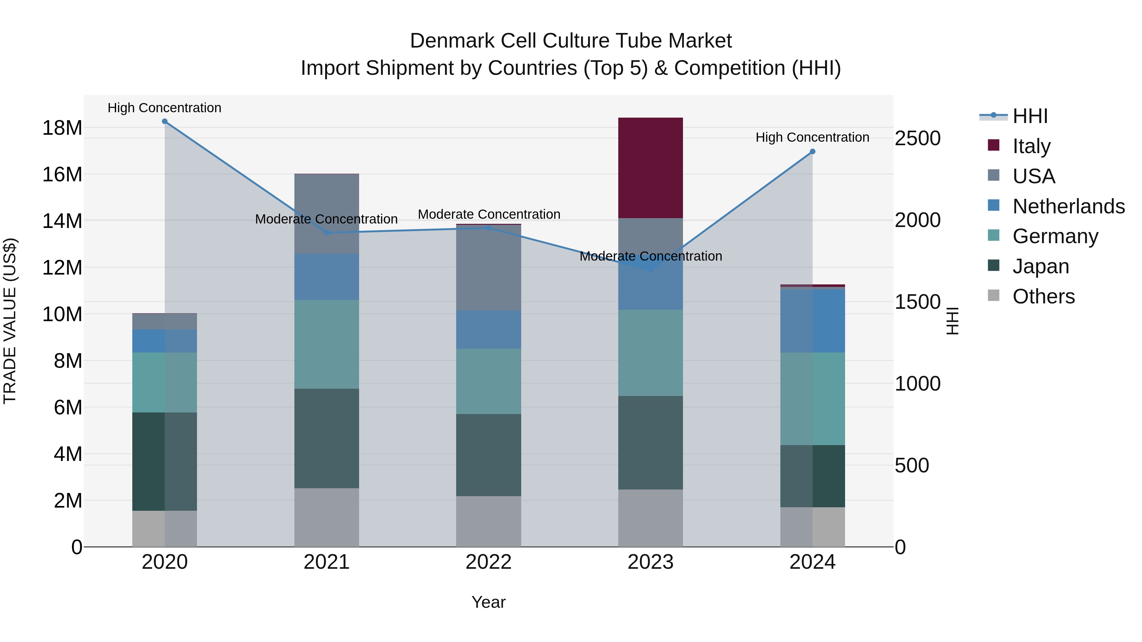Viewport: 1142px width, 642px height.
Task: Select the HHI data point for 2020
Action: tap(164, 121)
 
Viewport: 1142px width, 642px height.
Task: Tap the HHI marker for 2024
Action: tap(812, 152)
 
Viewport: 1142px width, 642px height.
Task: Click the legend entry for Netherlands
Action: tap(1068, 206)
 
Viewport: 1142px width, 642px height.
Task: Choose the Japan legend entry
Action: tap(1040, 266)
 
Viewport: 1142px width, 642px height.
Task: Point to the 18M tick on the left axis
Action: tap(62, 128)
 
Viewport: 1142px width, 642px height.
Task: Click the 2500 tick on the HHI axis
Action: tap(917, 138)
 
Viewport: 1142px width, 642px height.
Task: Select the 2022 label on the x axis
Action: tap(489, 562)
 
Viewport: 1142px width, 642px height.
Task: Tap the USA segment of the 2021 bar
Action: tap(327, 214)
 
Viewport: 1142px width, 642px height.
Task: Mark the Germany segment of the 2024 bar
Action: tap(812, 399)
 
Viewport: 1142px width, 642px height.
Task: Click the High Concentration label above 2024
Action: tap(812, 137)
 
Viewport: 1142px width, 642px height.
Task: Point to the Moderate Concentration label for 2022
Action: tap(489, 214)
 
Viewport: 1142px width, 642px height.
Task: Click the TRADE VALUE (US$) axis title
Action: tap(10, 321)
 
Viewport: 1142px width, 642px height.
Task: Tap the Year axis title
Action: tap(489, 602)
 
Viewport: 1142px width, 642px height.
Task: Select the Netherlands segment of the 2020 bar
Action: tap(164, 341)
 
